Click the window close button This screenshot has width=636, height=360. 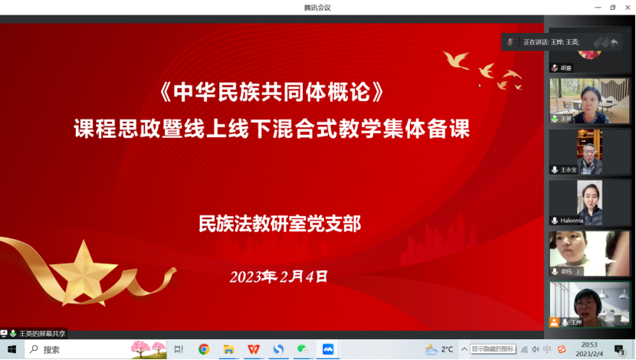point(627,8)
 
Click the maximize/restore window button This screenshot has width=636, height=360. point(612,8)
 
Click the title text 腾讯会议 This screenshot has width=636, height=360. point(317,8)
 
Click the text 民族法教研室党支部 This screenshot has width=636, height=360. point(280,224)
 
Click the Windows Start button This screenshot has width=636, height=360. point(11,349)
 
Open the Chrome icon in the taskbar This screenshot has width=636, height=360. point(204,349)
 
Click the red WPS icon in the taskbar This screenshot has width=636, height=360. point(253,349)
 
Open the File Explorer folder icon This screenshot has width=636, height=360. point(228,349)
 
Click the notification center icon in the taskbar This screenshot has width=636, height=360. point(620,349)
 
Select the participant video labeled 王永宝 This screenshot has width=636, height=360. point(589,152)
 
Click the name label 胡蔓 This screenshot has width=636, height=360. point(565,68)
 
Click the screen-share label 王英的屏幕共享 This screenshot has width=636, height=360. point(41,333)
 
